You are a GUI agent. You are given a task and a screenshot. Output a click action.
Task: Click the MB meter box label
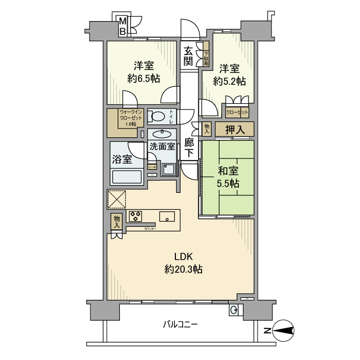click(123, 26)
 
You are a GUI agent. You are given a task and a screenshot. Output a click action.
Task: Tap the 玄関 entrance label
click(188, 56)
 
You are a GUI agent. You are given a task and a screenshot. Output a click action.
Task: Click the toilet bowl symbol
click(158, 116)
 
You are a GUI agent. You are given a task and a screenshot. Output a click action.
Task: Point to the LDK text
click(184, 256)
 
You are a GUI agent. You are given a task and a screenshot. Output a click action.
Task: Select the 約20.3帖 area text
click(184, 269)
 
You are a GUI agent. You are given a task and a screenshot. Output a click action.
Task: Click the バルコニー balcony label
click(180, 325)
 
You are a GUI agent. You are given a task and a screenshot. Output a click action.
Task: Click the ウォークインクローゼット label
click(128, 117)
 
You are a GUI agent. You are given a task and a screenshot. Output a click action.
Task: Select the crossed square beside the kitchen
click(117, 199)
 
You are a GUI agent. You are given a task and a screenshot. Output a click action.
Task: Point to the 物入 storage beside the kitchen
click(117, 222)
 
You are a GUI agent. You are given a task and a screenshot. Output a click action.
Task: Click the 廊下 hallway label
click(189, 147)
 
